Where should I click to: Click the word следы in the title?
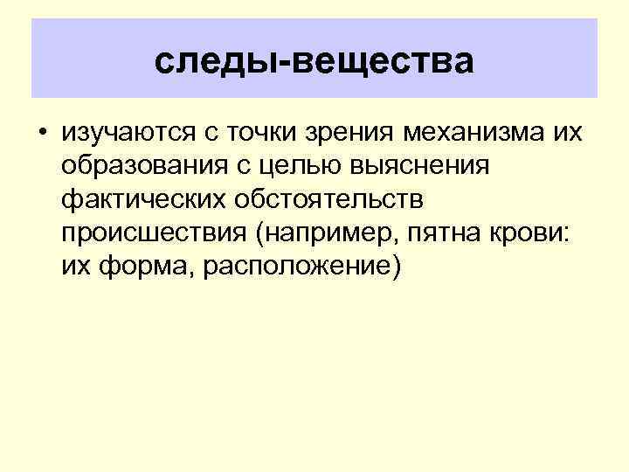pos(207,62)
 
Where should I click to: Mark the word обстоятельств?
pos(336,200)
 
